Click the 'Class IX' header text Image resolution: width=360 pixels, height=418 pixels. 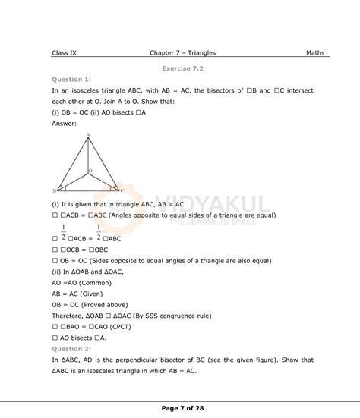pyautogui.click(x=66, y=53)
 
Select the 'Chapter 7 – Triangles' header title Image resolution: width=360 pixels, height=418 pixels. pyautogui.click(x=183, y=53)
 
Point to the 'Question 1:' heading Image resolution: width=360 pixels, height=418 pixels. pyautogui.click(x=72, y=78)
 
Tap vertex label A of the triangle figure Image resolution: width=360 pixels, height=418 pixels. pyautogui.click(x=89, y=135)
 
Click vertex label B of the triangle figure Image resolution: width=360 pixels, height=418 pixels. pyautogui.click(x=54, y=191)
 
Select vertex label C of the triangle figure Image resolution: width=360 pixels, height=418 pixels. pyautogui.click(x=122, y=190)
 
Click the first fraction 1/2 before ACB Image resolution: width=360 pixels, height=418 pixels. pyautogui.click(x=64, y=232)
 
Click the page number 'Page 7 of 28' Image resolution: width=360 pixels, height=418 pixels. pyautogui.click(x=183, y=408)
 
